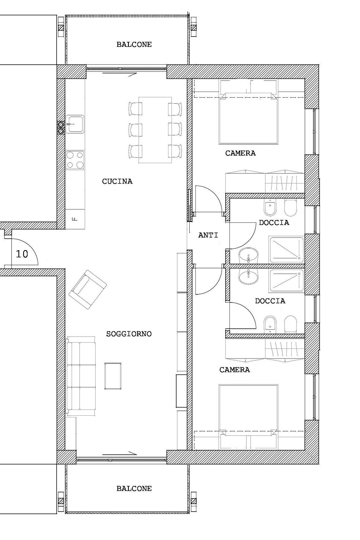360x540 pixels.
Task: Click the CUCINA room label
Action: pos(117,181)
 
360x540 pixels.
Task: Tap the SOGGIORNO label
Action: pos(129,334)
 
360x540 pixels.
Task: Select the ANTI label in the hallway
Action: pos(208,235)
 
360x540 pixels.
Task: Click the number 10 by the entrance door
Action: pos(22,254)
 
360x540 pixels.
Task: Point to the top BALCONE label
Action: pos(134,44)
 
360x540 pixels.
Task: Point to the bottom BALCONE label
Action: pos(134,489)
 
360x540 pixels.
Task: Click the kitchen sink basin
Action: pos(75,124)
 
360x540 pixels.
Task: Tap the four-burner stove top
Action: pos(75,160)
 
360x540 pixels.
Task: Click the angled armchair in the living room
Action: pos(88,290)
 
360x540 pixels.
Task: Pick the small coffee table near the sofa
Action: pos(113,376)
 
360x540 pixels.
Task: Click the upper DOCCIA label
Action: pos(274,223)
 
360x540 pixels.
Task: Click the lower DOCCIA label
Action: pos(270,301)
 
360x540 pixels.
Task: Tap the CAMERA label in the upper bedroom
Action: pos(240,153)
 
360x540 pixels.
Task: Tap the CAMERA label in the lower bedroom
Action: pos(235,370)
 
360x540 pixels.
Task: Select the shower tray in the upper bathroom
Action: pos(286,248)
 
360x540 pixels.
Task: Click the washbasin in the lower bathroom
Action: pos(248,277)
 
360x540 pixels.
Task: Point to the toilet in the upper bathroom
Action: pos(291,208)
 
